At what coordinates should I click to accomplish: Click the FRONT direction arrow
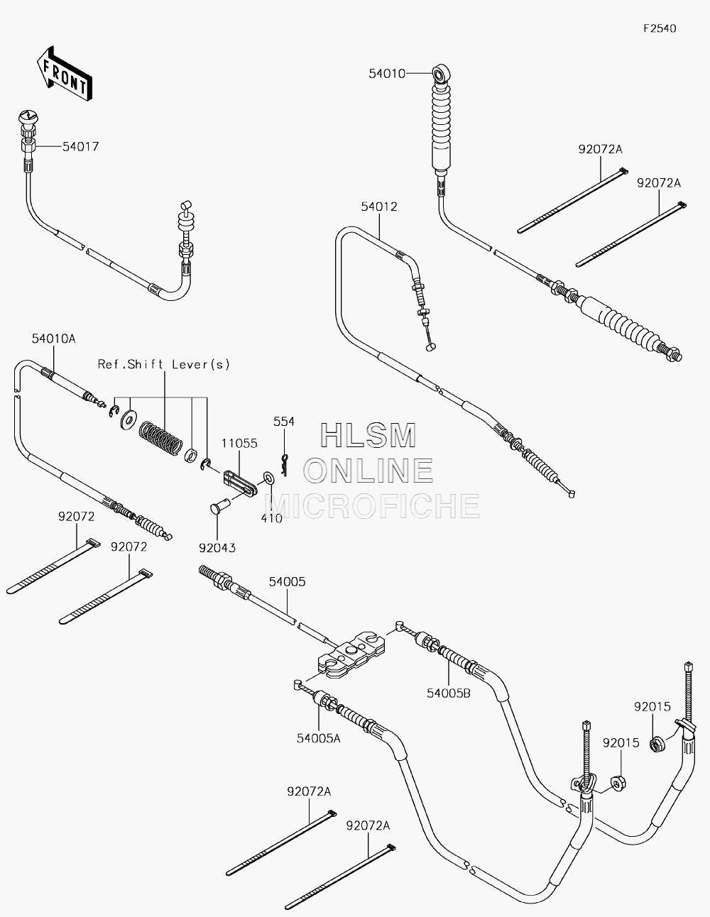tap(64, 74)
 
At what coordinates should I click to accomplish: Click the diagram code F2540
tap(660, 28)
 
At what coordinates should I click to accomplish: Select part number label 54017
tap(81, 146)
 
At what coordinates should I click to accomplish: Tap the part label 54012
tap(379, 207)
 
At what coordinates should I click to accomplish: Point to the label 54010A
tap(54, 339)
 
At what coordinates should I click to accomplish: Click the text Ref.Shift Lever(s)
tap(164, 364)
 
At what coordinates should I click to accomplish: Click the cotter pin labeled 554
tap(285, 465)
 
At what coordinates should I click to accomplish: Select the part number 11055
tap(239, 444)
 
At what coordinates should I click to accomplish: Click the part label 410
tap(271, 518)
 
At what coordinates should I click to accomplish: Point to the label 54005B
tap(448, 693)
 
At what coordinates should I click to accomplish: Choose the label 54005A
tap(318, 738)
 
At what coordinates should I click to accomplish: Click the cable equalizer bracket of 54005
tap(351, 654)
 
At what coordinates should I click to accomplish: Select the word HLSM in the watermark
tap(368, 435)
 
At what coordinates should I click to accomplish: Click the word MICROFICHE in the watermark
tap(372, 505)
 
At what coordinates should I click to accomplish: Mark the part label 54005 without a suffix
tap(287, 581)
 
